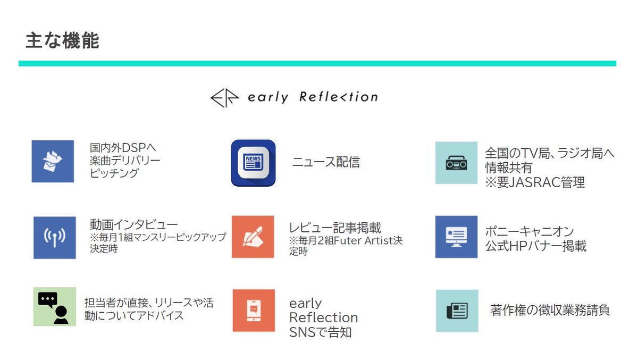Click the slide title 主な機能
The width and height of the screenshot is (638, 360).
coord(62,41)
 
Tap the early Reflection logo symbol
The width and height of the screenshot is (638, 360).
coord(225,98)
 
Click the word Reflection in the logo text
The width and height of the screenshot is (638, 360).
coord(338,97)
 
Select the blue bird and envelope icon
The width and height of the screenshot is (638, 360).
coord(53,161)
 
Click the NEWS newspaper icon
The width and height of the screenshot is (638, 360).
coord(254,163)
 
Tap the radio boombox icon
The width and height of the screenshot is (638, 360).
coord(456,163)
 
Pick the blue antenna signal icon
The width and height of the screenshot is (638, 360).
coord(55,237)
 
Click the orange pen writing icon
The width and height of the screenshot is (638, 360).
coord(253,237)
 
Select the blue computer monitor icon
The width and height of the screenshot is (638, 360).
coord(456,237)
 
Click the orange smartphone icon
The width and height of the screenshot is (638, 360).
coord(254,311)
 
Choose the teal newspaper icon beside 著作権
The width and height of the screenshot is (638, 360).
coord(457,311)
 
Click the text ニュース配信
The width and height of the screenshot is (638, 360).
coord(326,162)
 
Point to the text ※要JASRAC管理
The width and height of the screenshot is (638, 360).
coord(535,183)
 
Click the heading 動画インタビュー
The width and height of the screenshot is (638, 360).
coord(134,224)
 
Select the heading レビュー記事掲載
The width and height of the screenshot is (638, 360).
coord(335,228)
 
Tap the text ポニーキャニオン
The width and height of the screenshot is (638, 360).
coord(530,232)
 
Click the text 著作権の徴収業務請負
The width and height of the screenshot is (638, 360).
coord(550,310)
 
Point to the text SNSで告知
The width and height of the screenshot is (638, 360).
coord(320,333)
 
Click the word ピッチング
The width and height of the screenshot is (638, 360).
coord(114,173)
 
